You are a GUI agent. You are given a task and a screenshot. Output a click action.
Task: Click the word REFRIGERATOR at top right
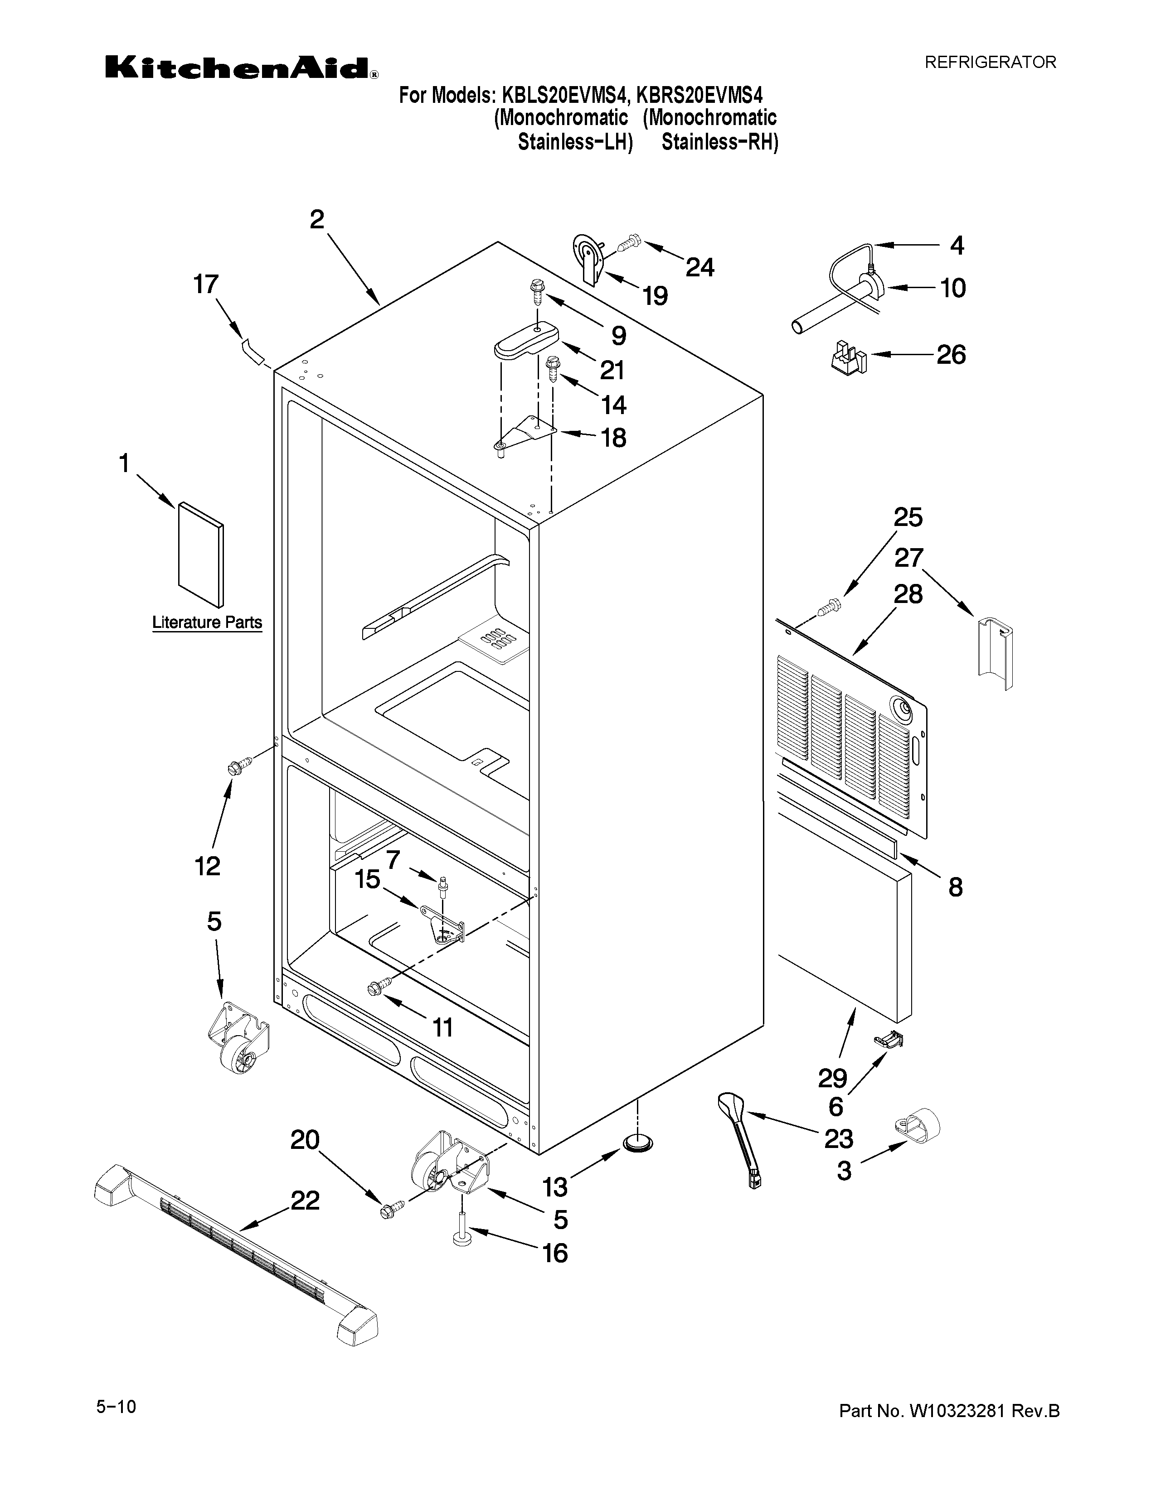click(990, 63)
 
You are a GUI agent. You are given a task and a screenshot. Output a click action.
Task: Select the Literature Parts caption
click(207, 622)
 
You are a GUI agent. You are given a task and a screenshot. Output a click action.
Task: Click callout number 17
click(205, 284)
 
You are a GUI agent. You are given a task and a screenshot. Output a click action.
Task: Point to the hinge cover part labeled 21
click(526, 340)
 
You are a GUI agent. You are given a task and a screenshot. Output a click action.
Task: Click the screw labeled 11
click(377, 986)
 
